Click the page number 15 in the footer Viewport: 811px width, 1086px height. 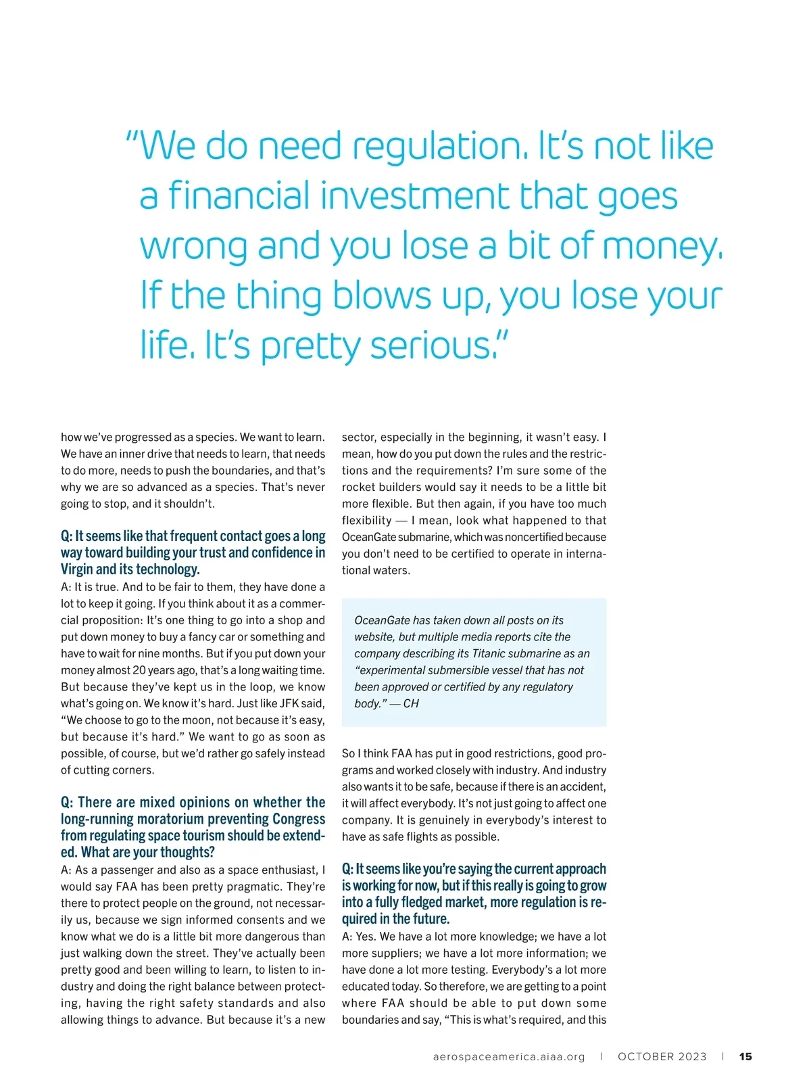click(x=745, y=1056)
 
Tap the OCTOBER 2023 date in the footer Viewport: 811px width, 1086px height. click(x=662, y=1056)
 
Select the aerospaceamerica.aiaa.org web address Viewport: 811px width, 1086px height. click(x=509, y=1056)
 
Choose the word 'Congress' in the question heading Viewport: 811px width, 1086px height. click(x=298, y=819)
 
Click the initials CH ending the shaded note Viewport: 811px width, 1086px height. click(x=411, y=703)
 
